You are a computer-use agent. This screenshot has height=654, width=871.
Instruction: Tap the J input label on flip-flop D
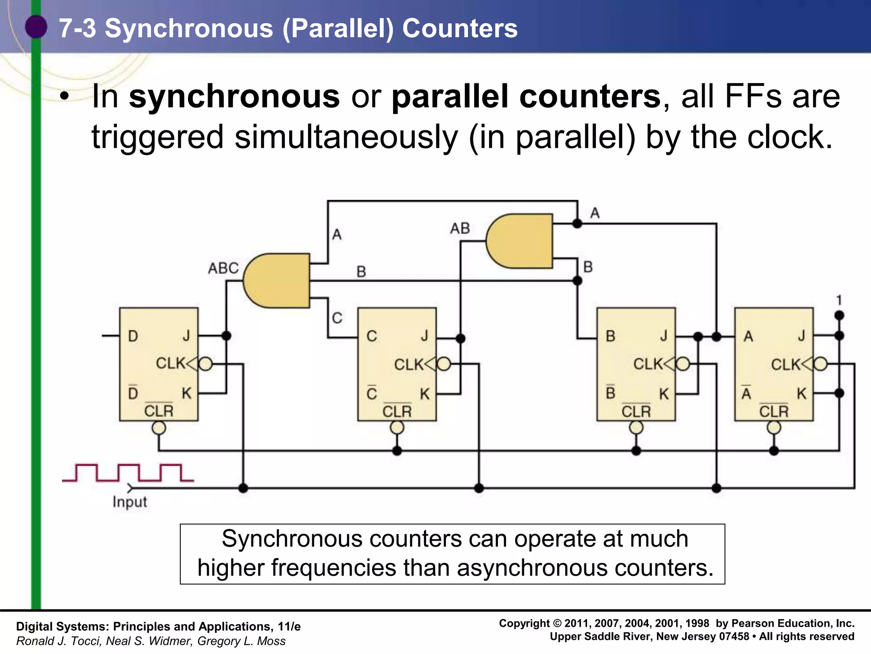(186, 336)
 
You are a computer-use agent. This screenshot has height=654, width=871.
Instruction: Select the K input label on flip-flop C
(424, 394)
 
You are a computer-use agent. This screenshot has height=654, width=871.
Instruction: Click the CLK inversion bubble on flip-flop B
(683, 364)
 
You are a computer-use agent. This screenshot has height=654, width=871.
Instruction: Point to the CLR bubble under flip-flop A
(774, 427)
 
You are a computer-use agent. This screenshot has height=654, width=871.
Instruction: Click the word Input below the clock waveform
(130, 502)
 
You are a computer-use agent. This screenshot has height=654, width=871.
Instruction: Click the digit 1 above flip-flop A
(839, 301)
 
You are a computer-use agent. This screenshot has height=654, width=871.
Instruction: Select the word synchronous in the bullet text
(234, 97)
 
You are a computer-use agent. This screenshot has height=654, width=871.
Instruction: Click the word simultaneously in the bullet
(347, 137)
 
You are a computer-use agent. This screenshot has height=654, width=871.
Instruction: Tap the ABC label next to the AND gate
(223, 268)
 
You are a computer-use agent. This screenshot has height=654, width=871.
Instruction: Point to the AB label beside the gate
(460, 229)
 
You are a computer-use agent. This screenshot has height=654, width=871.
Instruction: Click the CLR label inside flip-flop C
(397, 412)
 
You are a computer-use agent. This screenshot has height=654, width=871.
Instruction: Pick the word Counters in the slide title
(460, 29)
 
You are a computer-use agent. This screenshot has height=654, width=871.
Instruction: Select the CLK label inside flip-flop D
(171, 363)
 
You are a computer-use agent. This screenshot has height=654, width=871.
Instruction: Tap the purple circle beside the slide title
(36, 27)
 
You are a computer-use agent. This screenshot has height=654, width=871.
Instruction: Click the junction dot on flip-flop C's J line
(460, 338)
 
